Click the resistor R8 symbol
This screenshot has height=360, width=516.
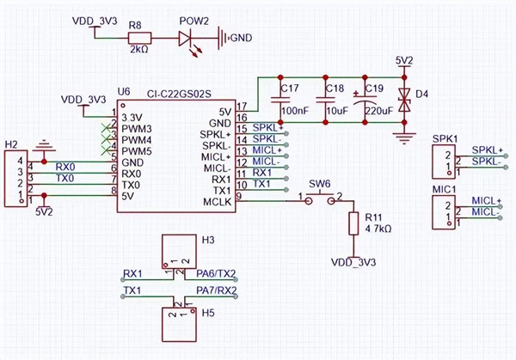coord(139,38)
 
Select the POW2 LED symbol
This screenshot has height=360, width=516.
coord(189,38)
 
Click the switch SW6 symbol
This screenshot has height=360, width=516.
coord(319,198)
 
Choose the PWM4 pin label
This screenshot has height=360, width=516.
coord(138,138)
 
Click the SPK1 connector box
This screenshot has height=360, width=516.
coord(445,161)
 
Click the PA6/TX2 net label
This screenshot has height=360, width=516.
coord(216,274)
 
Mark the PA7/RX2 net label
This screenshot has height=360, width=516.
coord(216,291)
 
